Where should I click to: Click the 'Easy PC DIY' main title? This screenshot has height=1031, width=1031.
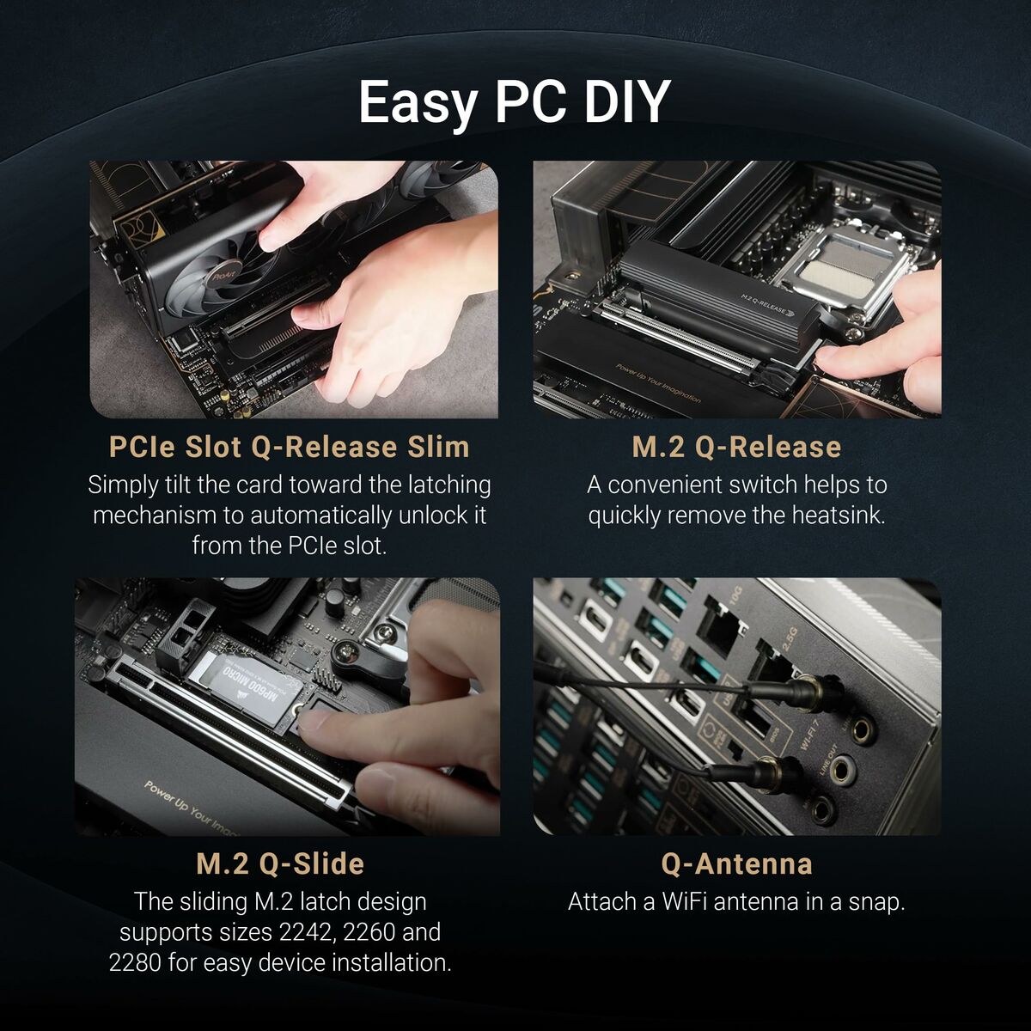pos(514,102)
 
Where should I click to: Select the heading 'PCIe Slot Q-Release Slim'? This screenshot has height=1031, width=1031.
pos(290,447)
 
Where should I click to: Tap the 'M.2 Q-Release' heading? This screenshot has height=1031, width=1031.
pos(736,447)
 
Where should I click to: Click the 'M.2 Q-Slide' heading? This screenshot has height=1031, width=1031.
pos(280,863)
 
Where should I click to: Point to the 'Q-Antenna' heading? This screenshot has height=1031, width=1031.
pos(736,863)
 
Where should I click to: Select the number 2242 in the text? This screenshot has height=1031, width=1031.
pos(308,932)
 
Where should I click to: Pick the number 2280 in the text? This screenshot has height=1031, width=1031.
pos(135,962)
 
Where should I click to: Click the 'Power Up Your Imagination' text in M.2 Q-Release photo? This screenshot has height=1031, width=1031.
pos(657,383)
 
